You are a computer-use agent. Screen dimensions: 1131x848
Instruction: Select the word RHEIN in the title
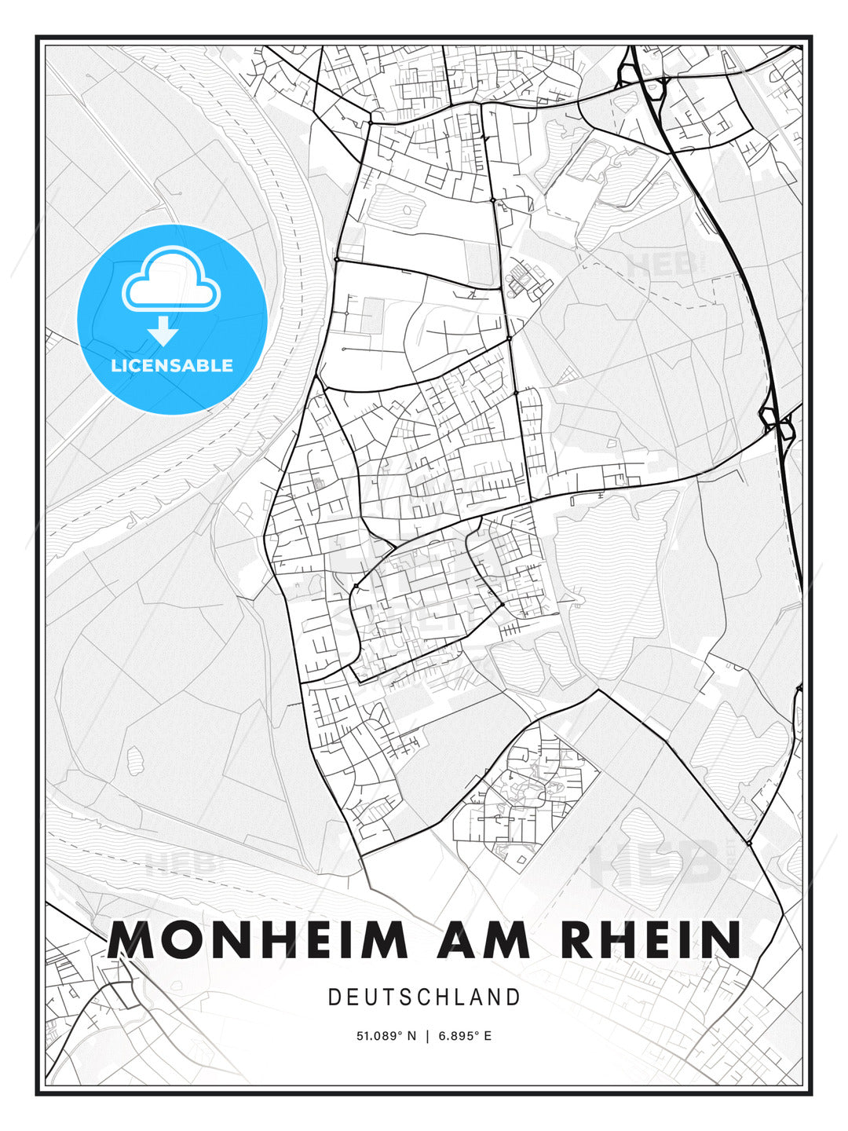point(652,939)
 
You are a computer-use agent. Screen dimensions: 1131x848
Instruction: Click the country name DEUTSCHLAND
point(424,997)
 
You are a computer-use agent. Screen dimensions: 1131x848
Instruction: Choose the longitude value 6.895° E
point(465,1036)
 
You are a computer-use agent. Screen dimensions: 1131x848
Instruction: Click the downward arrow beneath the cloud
point(163,331)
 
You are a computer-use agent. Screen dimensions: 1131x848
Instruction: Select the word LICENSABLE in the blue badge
point(172,365)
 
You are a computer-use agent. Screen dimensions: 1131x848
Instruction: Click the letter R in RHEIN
point(582,939)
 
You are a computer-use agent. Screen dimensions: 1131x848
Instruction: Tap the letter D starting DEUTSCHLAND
point(334,997)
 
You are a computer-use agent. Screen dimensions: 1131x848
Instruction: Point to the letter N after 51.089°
point(413,1036)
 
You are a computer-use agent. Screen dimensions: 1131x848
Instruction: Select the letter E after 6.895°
point(488,1036)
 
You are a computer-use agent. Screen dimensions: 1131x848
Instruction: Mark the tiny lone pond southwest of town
point(135,759)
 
